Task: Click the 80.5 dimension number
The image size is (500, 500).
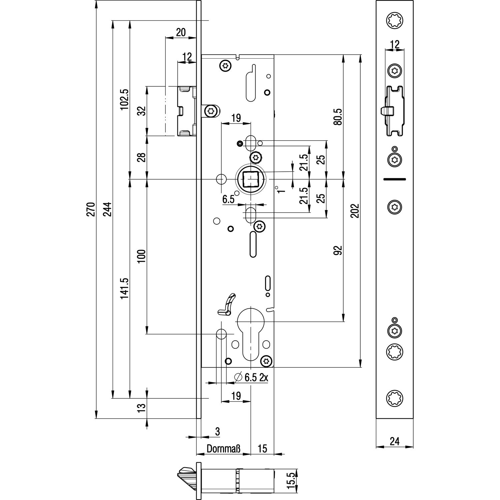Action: [x=338, y=116]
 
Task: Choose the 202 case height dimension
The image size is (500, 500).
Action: [x=355, y=211]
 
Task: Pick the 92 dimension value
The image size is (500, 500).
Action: [x=338, y=251]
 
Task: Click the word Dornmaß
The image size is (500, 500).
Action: [x=223, y=449]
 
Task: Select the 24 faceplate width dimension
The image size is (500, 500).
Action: [x=394, y=441]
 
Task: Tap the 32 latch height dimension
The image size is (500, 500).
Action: [x=142, y=111]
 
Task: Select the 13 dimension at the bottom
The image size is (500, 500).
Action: [x=142, y=406]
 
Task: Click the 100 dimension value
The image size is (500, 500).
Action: [x=142, y=256]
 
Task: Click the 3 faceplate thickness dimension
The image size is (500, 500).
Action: [x=217, y=431]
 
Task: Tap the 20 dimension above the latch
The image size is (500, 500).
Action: [x=180, y=32]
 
